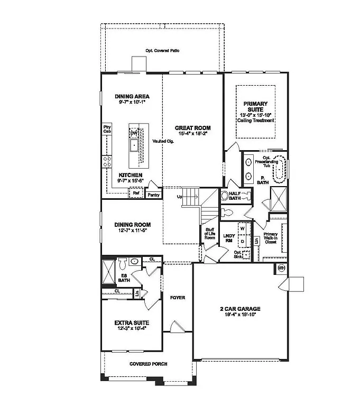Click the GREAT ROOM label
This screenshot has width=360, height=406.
click(x=193, y=128)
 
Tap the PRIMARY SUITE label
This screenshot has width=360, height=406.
click(x=255, y=107)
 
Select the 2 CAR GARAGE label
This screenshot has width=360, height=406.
click(x=240, y=309)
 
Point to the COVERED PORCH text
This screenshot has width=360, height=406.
click(x=149, y=364)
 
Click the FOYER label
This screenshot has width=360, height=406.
click(x=178, y=298)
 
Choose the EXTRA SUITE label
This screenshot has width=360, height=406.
click(x=132, y=322)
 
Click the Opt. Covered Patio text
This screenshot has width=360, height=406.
click(x=163, y=51)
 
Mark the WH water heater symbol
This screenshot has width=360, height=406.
click(x=281, y=268)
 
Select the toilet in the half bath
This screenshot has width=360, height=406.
click(x=226, y=196)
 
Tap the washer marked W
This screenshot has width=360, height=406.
click(x=243, y=229)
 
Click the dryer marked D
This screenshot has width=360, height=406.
click(x=243, y=241)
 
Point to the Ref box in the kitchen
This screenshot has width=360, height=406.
click(x=136, y=194)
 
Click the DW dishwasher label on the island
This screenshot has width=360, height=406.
click(x=134, y=133)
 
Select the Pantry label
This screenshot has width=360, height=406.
click(x=153, y=195)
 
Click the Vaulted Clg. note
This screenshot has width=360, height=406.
click(x=163, y=141)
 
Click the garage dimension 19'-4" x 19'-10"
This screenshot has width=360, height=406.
click(x=240, y=316)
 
